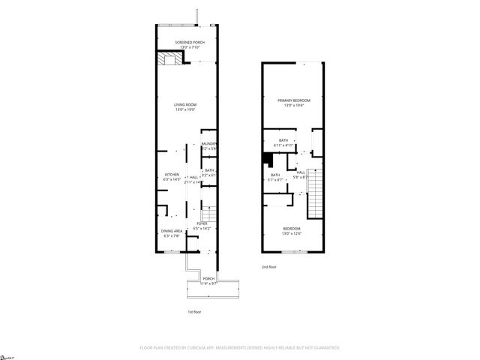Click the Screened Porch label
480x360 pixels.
click(189, 44)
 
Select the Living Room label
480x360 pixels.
click(185, 107)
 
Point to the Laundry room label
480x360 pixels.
click(209, 145)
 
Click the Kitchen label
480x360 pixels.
click(172, 177)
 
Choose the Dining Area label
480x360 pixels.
click(172, 232)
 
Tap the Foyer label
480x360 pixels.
click(202, 225)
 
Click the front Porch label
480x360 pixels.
click(208, 280)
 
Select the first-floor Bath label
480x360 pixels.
click(209, 172)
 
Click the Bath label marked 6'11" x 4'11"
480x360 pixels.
click(283, 142)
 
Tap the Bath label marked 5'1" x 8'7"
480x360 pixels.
click(275, 178)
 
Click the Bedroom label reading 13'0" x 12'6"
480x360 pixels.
click(292, 230)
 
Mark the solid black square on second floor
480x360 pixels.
click(266, 157)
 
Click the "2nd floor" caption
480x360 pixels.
click(268, 267)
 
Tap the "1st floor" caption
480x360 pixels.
click(194, 312)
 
